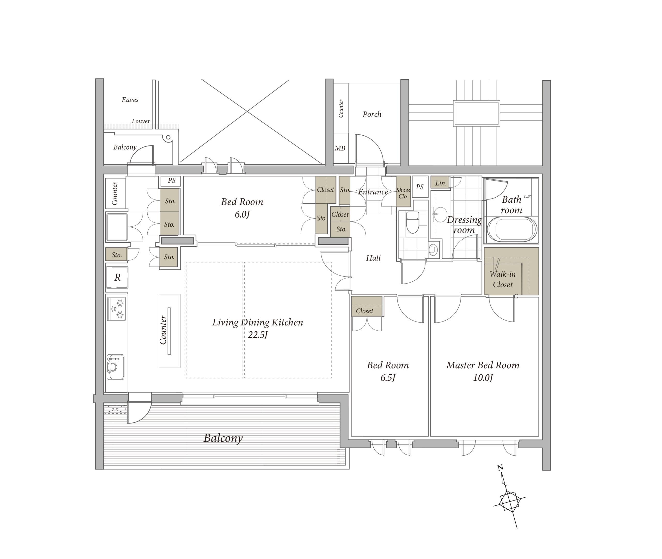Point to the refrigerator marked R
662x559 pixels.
[117, 278]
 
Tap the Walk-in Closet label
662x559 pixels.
[503, 279]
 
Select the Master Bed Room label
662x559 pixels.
[483, 365]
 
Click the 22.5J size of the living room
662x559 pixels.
[258, 335]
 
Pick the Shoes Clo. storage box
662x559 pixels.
[403, 191]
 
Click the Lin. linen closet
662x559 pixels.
[440, 183]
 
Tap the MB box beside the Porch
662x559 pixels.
[341, 148]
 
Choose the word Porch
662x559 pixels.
[372, 114]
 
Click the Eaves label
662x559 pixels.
[130, 100]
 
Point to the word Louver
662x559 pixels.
[141, 121]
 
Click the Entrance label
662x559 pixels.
[373, 192]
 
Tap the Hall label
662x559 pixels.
[373, 258]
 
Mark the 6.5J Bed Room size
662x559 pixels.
[388, 378]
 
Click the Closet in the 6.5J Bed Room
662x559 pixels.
[366, 307]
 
